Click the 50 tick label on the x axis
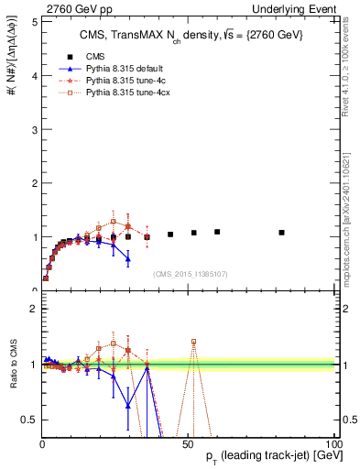point(188,444)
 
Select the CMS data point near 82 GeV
point(281,233)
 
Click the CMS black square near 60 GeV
point(217,232)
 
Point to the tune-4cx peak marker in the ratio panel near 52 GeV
point(193,342)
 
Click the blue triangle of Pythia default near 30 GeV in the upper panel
point(128,259)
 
